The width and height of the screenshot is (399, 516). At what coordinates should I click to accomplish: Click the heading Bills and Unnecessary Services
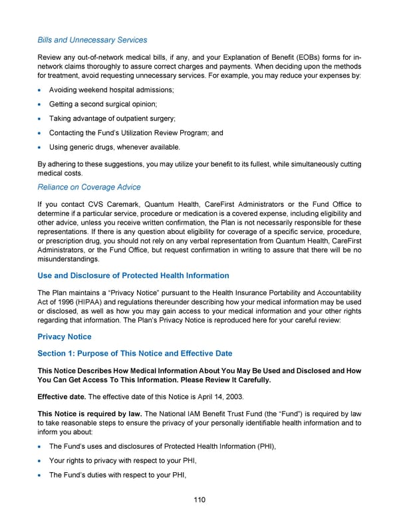92,41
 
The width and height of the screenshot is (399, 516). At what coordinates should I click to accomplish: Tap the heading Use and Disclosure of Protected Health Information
133,275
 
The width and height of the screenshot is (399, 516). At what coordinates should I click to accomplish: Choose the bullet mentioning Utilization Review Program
136,133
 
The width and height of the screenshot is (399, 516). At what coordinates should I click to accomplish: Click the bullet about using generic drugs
114,147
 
